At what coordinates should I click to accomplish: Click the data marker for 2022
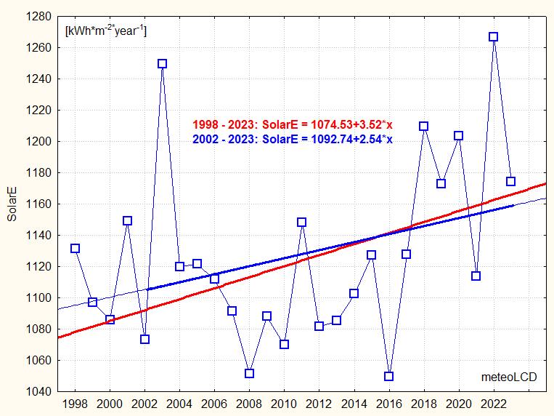coord(494,36)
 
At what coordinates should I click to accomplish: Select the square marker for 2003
coord(162,63)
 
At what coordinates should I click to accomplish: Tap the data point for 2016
coord(388,376)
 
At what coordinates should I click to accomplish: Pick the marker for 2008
coord(249,373)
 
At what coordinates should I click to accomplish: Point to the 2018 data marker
coord(424,126)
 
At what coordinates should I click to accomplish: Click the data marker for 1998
coord(75,248)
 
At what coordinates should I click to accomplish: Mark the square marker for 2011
coord(301,222)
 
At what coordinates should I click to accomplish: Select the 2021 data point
coord(476,276)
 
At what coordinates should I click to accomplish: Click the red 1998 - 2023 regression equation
coord(292,124)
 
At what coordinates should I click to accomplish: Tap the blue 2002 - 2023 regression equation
coord(292,139)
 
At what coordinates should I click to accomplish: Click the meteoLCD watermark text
coord(507,377)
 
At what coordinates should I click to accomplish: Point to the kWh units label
coord(106,31)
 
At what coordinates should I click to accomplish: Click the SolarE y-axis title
coord(12,204)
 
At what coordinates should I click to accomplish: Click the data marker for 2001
coord(127,220)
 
